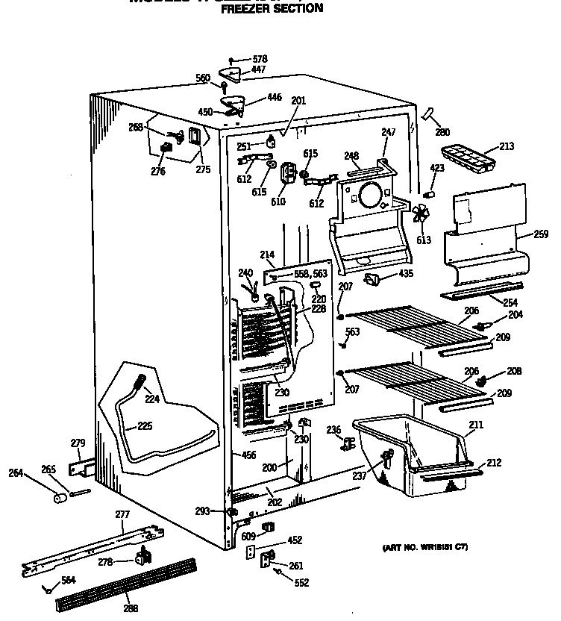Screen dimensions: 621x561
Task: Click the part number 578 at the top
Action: click(260, 59)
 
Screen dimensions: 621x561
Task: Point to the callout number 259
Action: click(541, 234)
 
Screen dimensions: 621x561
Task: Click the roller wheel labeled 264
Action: click(59, 497)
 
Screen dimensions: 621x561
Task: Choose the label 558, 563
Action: click(310, 274)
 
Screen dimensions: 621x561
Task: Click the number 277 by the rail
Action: click(123, 515)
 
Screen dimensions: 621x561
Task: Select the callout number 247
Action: click(388, 132)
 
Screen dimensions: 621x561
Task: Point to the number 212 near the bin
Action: click(493, 463)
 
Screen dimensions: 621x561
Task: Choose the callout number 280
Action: click(442, 132)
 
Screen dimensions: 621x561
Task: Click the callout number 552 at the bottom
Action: click(301, 583)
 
